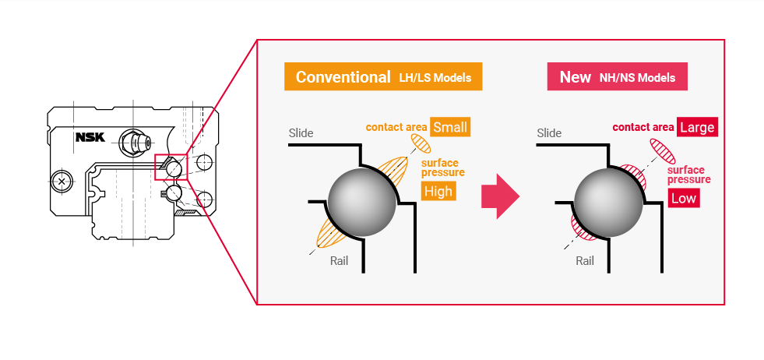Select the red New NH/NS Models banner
pyautogui.click(x=617, y=77)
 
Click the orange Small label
pyautogui.click(x=451, y=127)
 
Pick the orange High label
pyautogui.click(x=438, y=192)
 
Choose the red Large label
pyautogui.click(x=696, y=127)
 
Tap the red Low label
pyautogui.click(x=683, y=199)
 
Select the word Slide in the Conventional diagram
pyautogui.click(x=301, y=133)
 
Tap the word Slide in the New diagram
pyautogui.click(x=549, y=133)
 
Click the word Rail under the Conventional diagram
pyautogui.click(x=339, y=261)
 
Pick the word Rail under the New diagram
pyautogui.click(x=585, y=261)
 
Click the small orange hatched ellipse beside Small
pyautogui.click(x=421, y=144)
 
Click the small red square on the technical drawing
pyautogui.click(x=168, y=167)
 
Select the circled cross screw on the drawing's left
pyautogui.click(x=62, y=181)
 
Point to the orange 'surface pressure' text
pyautogui.click(x=442, y=168)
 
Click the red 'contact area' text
pyautogui.click(x=643, y=127)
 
